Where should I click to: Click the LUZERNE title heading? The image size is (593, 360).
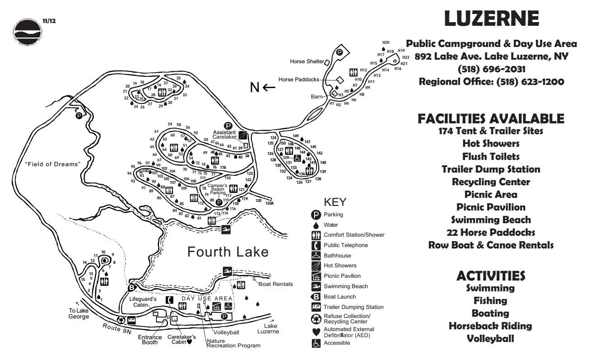[x=491, y=19]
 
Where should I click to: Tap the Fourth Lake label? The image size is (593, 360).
[x=228, y=251]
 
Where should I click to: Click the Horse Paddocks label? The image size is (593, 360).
[x=299, y=79]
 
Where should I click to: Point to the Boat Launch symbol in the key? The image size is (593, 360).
[x=316, y=297]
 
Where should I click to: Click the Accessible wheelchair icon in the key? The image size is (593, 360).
[x=316, y=343]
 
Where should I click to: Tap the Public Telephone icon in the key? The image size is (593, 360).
[x=316, y=245]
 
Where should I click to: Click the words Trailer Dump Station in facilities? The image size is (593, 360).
[x=491, y=169]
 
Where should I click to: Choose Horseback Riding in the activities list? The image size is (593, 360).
[x=491, y=326]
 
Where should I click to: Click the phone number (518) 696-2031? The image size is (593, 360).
[x=491, y=70]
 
